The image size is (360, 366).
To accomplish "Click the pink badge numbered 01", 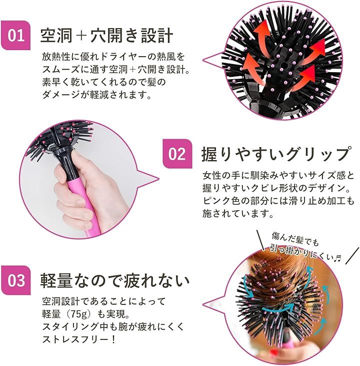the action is pos(16,36).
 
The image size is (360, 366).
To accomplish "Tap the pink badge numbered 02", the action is pos(177,154).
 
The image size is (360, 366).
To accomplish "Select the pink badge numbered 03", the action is pos(16,280).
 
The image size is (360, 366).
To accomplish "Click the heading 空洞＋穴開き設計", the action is pos(106,36).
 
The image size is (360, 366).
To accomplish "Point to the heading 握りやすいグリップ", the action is pos(277,154).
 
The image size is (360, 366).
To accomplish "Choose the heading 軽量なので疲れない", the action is pos(115,280).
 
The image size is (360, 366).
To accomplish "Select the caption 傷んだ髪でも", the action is pos(295,239).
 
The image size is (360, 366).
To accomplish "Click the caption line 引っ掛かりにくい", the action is pos(301,252).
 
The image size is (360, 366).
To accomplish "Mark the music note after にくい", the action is pos(337,258).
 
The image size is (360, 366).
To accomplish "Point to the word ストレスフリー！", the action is pos(79,339).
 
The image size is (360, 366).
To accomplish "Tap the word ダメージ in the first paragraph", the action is pos(60,95).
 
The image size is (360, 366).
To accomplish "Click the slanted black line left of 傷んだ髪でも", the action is pos(260,240).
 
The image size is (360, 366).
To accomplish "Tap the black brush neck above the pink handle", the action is pos(65,161).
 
